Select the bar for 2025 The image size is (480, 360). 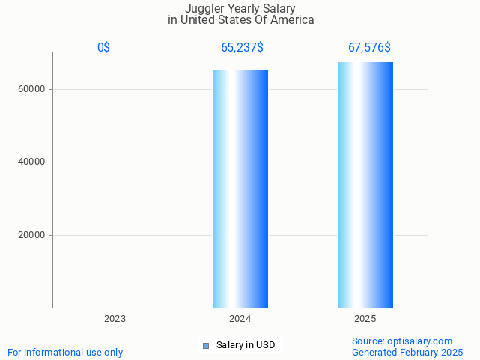(365, 185)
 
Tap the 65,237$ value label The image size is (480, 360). (242, 48)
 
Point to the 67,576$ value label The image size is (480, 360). (369, 48)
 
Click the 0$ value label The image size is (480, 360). (103, 48)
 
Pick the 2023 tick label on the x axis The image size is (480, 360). (115, 319)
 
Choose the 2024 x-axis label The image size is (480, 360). (240, 319)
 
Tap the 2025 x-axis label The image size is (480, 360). (365, 319)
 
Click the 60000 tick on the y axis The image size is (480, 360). (32, 89)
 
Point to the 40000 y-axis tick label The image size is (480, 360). (32, 162)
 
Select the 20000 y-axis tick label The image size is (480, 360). (32, 235)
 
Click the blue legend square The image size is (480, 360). (206, 345)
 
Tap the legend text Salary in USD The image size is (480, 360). (246, 345)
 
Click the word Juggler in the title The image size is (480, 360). (204, 8)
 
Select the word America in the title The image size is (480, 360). (291, 20)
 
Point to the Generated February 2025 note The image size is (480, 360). (407, 352)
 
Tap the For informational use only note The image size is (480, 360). (65, 352)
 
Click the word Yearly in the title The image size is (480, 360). (240, 8)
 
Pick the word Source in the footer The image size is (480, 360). (367, 341)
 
